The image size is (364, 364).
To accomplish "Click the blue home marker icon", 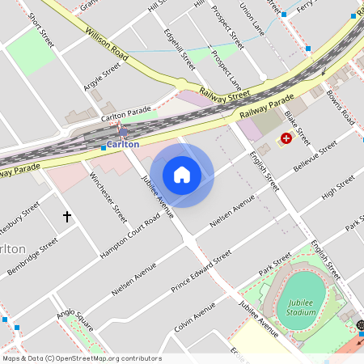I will tap(182, 175).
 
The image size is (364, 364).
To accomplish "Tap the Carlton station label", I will tap(123, 144).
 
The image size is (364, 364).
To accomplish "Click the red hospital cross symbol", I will tap(286, 140).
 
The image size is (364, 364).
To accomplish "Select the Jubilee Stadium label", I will tap(301, 307).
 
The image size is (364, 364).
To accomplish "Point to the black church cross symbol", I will tap(67, 217).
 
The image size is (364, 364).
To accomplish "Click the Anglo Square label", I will tap(75, 322).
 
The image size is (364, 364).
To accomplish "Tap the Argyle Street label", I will tap(101, 77).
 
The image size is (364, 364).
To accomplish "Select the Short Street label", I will tap(40, 30).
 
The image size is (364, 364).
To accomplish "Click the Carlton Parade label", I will tap(126, 114).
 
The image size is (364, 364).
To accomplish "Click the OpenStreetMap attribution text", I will tap(82, 358).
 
